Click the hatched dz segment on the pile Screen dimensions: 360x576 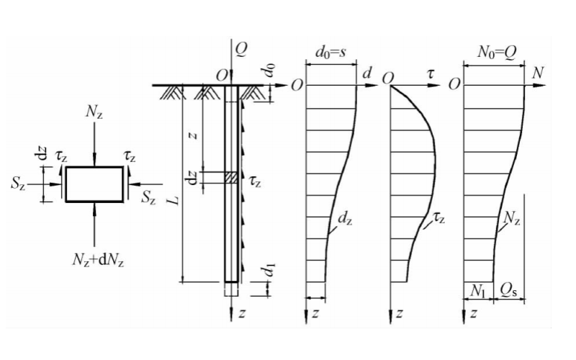(230, 177)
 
